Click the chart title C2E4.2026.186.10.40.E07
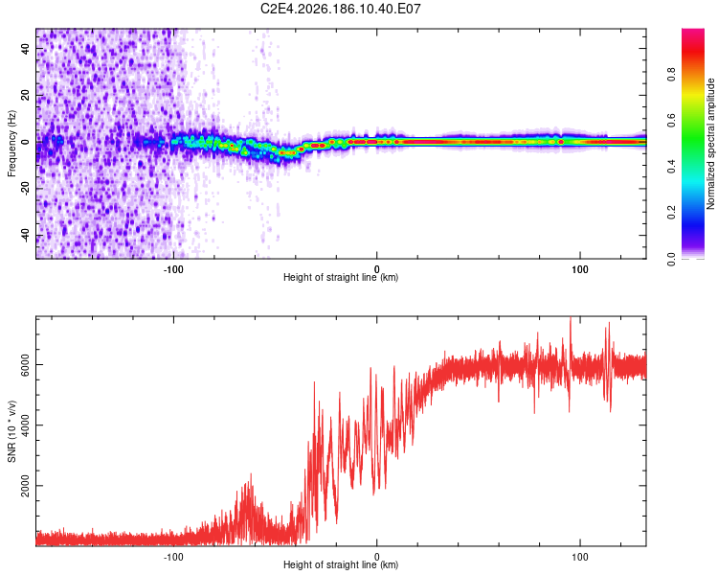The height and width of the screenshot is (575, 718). (x=340, y=9)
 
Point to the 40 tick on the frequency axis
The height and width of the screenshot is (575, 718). (x=26, y=48)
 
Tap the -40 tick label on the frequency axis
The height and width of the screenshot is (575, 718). (x=26, y=235)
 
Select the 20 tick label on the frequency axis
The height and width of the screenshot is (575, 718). (x=26, y=95)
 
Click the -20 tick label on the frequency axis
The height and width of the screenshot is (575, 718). (x=26, y=189)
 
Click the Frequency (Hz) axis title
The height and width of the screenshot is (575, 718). (x=11, y=144)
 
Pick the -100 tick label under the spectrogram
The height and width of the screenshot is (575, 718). (x=173, y=269)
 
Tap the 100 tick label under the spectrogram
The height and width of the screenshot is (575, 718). (x=580, y=269)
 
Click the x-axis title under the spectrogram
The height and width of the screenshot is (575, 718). (x=341, y=277)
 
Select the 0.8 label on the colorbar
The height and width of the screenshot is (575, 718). (x=671, y=75)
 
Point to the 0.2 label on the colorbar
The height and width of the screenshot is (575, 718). (x=671, y=213)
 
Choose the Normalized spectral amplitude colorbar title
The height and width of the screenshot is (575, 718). (x=710, y=144)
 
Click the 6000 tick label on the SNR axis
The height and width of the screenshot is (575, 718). (x=25, y=364)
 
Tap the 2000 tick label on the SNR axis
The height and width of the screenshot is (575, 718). (x=25, y=486)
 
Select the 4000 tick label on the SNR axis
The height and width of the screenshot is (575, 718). (x=25, y=425)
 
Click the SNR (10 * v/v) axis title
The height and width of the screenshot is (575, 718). (x=11, y=431)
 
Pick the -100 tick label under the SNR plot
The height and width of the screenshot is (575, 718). (x=173, y=557)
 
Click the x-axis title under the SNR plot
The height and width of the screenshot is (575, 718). (x=341, y=564)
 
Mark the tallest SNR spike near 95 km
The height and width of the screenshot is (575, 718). (x=571, y=318)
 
